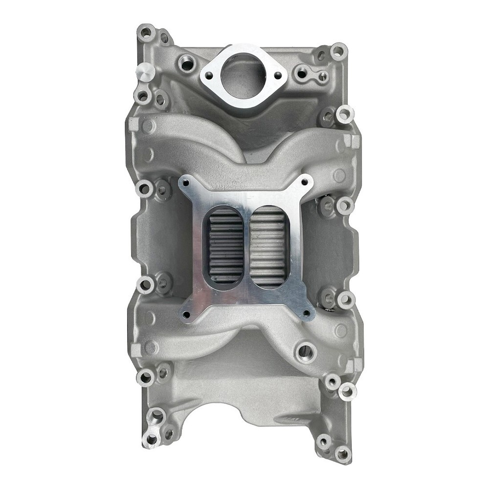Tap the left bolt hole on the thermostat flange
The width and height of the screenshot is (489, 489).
click(x=209, y=76)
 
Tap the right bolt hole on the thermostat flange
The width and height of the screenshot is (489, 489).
click(x=278, y=75)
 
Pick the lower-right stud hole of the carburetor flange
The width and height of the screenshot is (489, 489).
click(x=306, y=312)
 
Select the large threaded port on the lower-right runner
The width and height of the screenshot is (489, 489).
click(x=305, y=350)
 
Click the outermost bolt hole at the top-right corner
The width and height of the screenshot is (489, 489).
click(x=338, y=50)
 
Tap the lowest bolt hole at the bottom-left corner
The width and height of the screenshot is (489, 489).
click(x=151, y=439)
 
